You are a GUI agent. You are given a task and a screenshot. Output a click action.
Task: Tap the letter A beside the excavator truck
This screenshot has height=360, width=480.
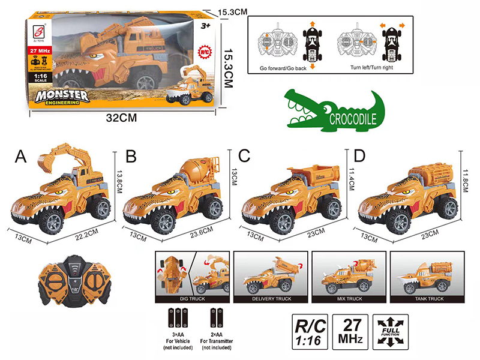pos(22,157)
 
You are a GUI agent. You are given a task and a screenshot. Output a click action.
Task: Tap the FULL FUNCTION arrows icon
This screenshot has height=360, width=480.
pos(390,331)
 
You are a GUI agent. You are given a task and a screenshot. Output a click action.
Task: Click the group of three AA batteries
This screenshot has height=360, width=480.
pos(178,317)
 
